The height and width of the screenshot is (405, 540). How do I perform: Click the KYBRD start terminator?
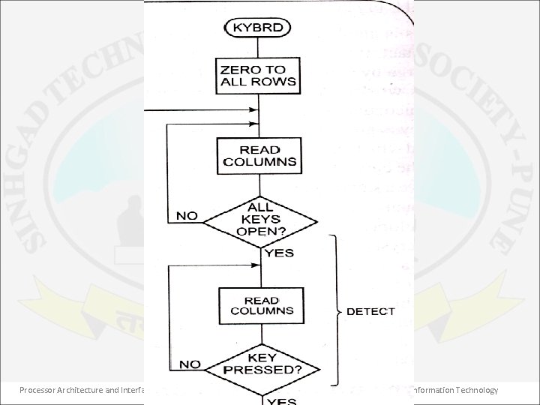[258, 28]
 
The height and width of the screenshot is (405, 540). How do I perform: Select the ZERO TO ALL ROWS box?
[258, 76]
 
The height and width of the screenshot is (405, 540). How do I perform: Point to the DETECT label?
[370, 310]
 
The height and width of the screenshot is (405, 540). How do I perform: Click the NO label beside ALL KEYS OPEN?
[187, 215]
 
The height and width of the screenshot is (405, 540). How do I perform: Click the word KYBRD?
[258, 28]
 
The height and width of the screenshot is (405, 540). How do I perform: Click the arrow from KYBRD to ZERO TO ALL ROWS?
[258, 47]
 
